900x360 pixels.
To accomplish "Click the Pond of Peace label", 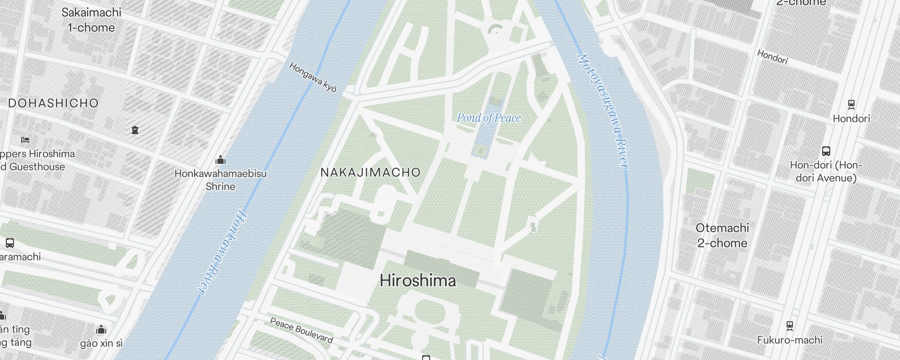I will tap(489, 118).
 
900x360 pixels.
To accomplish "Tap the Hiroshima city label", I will tap(418, 281).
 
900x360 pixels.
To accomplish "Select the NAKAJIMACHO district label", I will tap(370, 172).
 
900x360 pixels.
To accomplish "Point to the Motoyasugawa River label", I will tap(603, 112).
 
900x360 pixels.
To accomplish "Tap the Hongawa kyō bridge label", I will tap(313, 77).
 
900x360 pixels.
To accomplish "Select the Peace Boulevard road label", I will tap(301, 330).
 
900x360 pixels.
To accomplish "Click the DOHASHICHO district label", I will tap(53, 103).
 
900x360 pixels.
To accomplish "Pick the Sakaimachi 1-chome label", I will tap(91, 20).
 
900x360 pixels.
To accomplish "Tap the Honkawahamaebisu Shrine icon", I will tap(220, 160).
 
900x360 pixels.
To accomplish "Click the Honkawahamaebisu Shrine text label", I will tap(220, 180).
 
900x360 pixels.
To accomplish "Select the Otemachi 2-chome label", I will tap(722, 235).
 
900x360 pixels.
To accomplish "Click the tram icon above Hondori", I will tap(851, 105).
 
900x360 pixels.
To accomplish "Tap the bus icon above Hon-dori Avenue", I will tap(826, 151).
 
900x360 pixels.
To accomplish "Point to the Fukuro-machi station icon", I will tap(789, 325).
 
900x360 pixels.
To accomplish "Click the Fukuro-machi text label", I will tap(789, 340).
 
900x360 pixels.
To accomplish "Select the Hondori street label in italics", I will tap(772, 57).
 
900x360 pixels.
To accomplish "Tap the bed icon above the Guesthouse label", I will tap(25, 140).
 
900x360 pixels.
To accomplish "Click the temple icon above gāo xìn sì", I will tap(101, 330).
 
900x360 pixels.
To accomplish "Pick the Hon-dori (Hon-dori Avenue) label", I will tap(826, 171).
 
